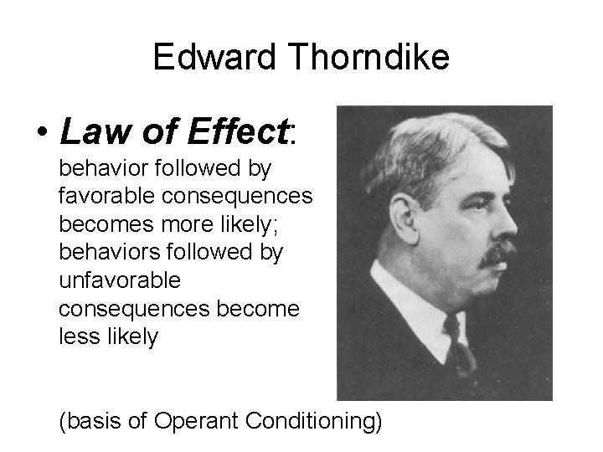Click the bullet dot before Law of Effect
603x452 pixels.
click(x=39, y=131)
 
